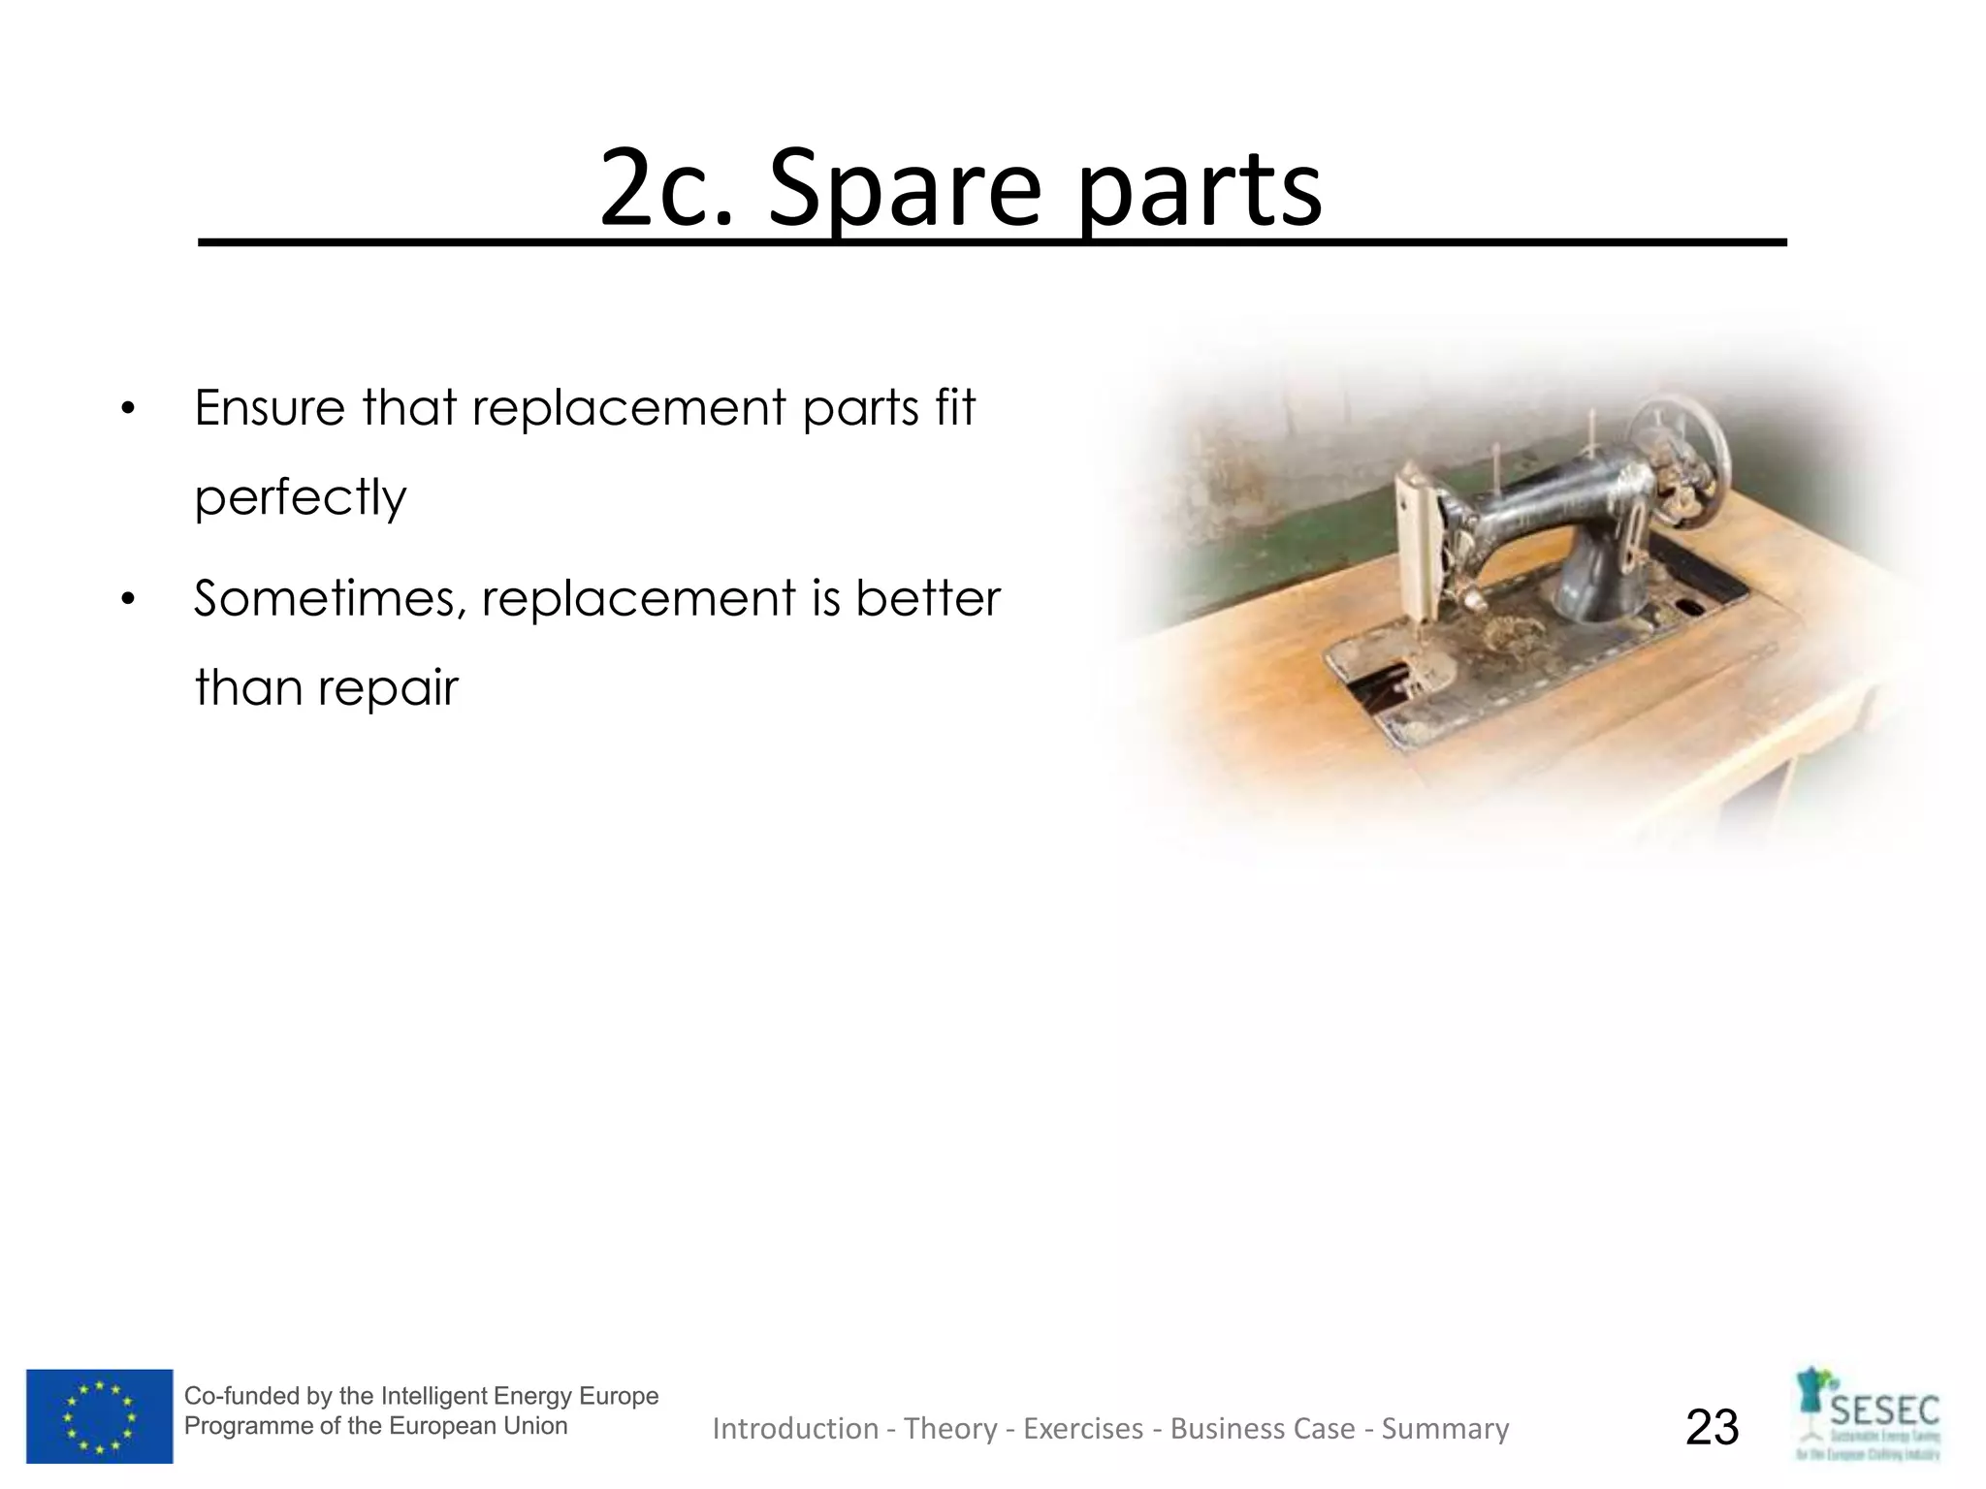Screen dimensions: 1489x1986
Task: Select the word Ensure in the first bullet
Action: coord(270,407)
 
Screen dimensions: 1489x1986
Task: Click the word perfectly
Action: coord(300,498)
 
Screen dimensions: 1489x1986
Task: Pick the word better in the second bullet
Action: coord(927,598)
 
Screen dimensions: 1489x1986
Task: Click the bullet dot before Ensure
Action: coord(127,409)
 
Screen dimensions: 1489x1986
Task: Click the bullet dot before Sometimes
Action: coord(127,600)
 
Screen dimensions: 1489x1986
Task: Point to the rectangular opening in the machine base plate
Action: coord(1382,678)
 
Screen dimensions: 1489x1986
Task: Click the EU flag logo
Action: coord(99,1415)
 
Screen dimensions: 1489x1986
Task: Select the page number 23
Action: coord(1712,1427)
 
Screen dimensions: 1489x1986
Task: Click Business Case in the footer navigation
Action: coord(1262,1428)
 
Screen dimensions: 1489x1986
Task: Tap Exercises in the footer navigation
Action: coord(1082,1428)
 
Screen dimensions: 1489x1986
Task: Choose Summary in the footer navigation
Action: coord(1444,1428)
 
